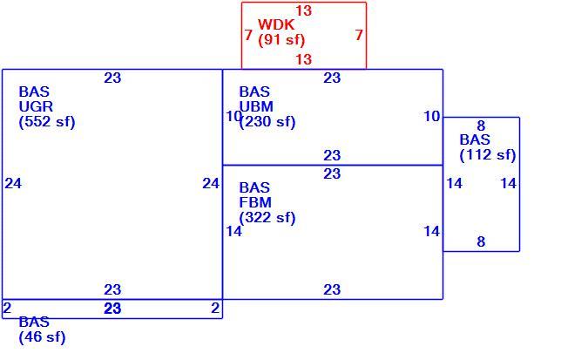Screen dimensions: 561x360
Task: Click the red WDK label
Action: (276, 24)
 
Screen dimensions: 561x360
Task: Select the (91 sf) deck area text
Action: (281, 40)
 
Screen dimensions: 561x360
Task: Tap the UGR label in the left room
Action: (36, 106)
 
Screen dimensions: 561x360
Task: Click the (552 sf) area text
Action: (47, 122)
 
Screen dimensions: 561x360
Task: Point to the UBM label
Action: (256, 106)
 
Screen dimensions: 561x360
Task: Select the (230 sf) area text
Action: (267, 122)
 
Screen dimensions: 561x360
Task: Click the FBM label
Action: (255, 202)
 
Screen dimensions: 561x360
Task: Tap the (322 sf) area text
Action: (267, 218)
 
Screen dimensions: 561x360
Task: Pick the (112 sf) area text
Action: (488, 155)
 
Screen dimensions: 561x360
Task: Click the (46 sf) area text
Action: (42, 337)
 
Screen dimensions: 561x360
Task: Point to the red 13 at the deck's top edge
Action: (304, 10)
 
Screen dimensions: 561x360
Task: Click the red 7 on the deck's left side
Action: (248, 35)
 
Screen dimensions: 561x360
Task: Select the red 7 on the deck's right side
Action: (359, 35)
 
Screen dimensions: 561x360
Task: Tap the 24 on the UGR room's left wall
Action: (13, 184)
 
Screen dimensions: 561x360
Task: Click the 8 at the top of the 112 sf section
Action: (481, 126)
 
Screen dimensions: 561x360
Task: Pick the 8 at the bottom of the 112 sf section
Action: (481, 241)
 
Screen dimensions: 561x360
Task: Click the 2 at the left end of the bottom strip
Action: (7, 308)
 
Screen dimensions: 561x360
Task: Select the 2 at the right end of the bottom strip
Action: (215, 308)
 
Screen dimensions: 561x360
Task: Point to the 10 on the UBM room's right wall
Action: (431, 116)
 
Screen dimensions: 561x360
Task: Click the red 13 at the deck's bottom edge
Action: (304, 59)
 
